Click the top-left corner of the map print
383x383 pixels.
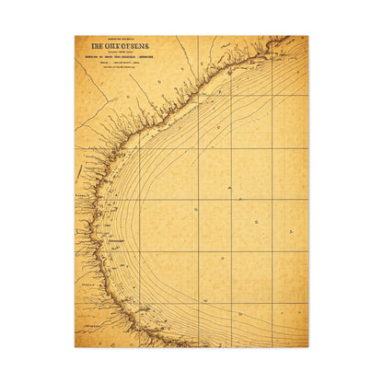(75, 37)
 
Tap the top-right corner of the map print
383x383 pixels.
(308, 37)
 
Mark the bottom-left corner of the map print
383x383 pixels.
(75, 347)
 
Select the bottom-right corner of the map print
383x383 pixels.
(308, 347)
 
